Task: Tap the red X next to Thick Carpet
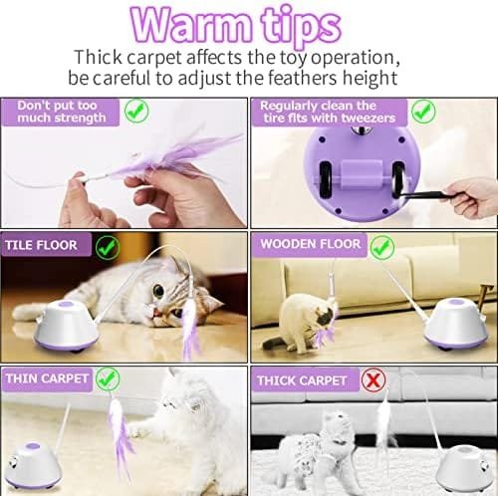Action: [x=373, y=380]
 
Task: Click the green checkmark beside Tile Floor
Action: [x=108, y=247]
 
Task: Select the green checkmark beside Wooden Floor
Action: [x=382, y=247]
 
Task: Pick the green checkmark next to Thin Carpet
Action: [x=108, y=378]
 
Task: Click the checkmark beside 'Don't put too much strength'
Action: [x=136, y=111]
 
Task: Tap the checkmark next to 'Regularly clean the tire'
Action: [x=423, y=112]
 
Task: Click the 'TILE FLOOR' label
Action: [x=41, y=245]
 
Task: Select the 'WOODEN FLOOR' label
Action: [x=311, y=244]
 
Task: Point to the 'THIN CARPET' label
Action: [x=47, y=378]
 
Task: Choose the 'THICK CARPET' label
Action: [x=302, y=380]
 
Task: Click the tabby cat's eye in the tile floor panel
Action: [x=158, y=291]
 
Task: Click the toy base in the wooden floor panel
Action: [x=456, y=325]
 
